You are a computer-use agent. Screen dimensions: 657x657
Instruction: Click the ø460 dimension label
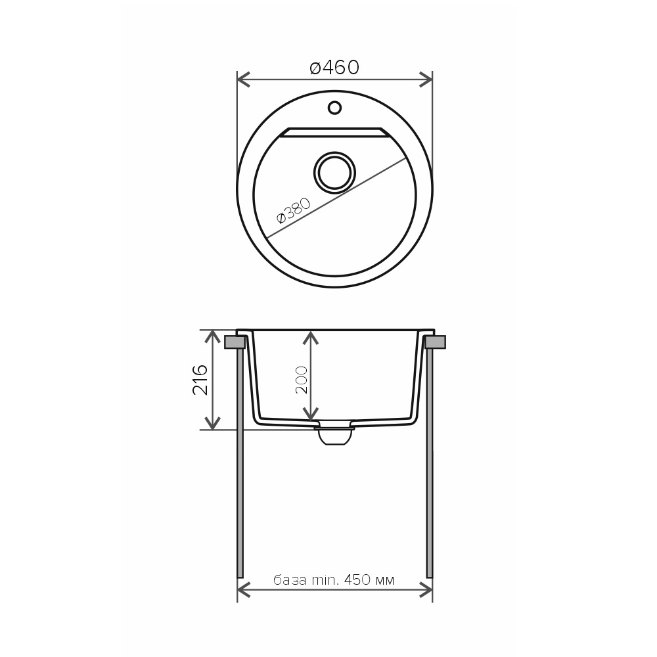coord(334,68)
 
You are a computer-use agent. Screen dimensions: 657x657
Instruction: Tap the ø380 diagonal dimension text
coord(294,211)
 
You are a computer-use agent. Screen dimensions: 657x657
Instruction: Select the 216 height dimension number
coord(200,380)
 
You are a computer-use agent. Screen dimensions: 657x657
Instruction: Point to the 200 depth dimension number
coord(302,380)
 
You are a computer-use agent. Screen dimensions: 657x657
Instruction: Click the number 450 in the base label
coord(357,580)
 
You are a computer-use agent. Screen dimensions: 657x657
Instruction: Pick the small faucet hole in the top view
coord(334,108)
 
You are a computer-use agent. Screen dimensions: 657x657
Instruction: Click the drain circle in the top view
coord(334,172)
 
